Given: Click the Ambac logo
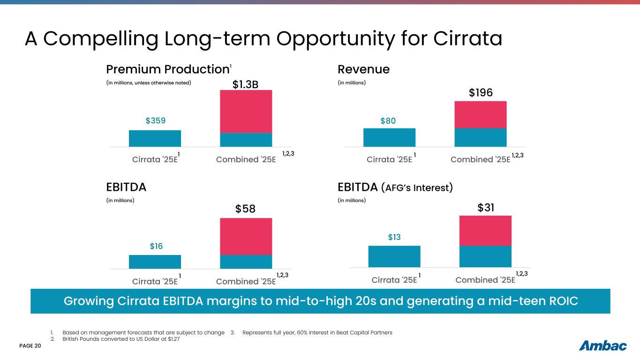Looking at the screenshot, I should coord(603,346).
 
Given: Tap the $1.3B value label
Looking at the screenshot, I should coord(246,84).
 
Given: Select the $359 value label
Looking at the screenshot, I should coord(155,121).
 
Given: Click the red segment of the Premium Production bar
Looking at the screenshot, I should coord(246,111).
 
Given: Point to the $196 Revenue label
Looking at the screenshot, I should coord(481,93).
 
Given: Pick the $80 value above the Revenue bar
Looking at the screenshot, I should coord(388,121).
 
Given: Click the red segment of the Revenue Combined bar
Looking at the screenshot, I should coord(481,114).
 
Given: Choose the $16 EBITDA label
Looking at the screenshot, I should coord(155,246).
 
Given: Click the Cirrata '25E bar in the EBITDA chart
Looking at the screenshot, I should coord(155,262).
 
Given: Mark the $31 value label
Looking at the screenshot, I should coord(486,207).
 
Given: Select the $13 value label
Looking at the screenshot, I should coord(394,238).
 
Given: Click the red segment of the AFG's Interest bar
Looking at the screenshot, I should coord(485,231).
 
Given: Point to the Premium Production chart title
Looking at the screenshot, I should coord(167,69).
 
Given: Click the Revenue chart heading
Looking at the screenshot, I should coord(363,69).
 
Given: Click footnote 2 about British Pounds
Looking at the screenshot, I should coord(121,339).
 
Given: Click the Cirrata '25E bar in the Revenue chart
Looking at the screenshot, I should coord(389,137).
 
